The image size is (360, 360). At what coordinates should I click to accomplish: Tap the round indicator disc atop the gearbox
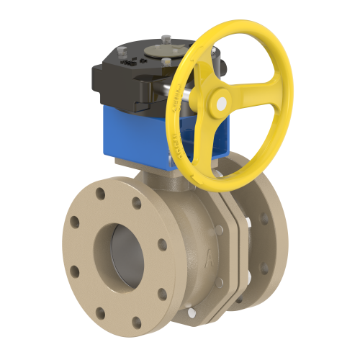156,50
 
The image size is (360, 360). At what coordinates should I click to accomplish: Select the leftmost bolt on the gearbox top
121,51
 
